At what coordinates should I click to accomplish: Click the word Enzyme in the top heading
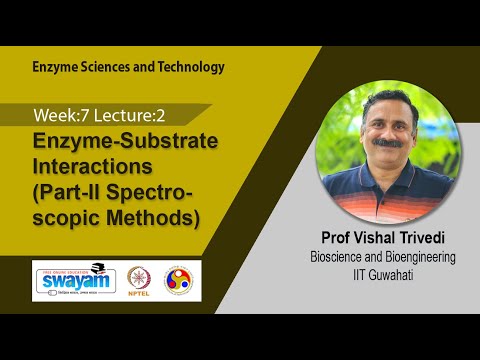(x=57, y=67)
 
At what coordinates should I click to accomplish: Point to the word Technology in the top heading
(x=190, y=67)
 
